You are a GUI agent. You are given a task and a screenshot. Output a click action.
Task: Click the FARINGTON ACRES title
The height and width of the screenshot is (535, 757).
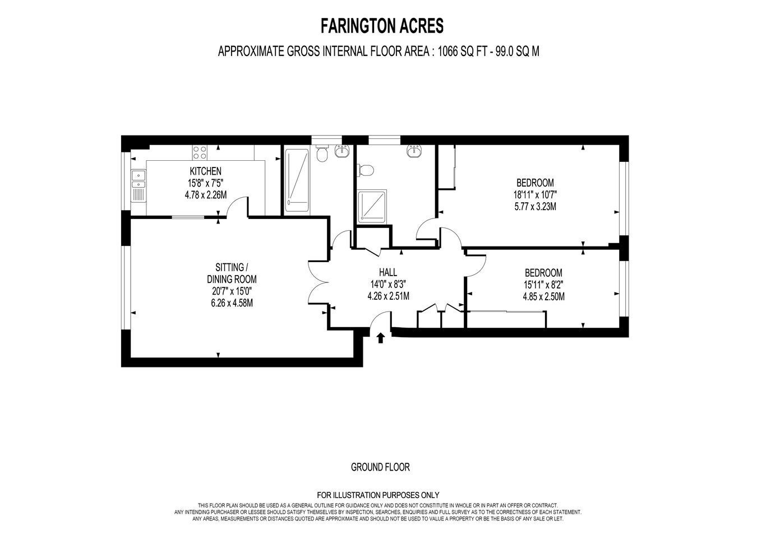(x=382, y=26)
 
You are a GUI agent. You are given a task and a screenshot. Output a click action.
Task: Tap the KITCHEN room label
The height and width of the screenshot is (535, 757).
(x=205, y=171)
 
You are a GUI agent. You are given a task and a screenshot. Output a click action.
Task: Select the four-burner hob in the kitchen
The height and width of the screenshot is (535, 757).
(x=200, y=152)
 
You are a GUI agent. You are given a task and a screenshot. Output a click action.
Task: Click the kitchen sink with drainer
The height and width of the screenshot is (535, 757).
(x=138, y=185)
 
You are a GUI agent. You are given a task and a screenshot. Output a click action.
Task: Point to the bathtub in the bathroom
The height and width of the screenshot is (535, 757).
(x=297, y=180)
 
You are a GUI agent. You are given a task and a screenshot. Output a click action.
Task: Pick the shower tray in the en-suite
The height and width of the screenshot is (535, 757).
(x=372, y=207)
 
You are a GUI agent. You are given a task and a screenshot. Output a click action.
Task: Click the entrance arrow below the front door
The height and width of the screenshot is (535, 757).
(x=381, y=338)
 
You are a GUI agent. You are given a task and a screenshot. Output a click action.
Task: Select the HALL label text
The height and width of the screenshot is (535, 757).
(x=388, y=272)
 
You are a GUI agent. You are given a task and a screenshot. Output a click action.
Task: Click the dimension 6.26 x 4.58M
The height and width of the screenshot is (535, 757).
(x=232, y=303)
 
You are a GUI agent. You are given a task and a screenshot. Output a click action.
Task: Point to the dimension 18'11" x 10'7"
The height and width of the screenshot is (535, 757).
(x=535, y=195)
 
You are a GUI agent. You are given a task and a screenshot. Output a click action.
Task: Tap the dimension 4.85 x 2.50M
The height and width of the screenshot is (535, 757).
(x=543, y=297)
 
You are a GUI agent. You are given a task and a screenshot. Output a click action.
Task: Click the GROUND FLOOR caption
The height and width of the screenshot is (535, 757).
(x=380, y=467)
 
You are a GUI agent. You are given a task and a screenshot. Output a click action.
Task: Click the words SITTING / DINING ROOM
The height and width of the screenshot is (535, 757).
(x=232, y=273)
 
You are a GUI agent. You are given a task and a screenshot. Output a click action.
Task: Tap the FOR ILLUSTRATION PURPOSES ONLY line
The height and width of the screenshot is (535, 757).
(x=378, y=495)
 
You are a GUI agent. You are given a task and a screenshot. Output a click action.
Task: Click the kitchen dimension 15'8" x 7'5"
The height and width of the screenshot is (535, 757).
(x=205, y=183)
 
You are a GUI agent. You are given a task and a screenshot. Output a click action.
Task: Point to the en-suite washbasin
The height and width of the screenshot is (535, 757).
(x=414, y=151)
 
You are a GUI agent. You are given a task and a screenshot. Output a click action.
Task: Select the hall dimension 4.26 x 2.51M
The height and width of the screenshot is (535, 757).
(x=388, y=296)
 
